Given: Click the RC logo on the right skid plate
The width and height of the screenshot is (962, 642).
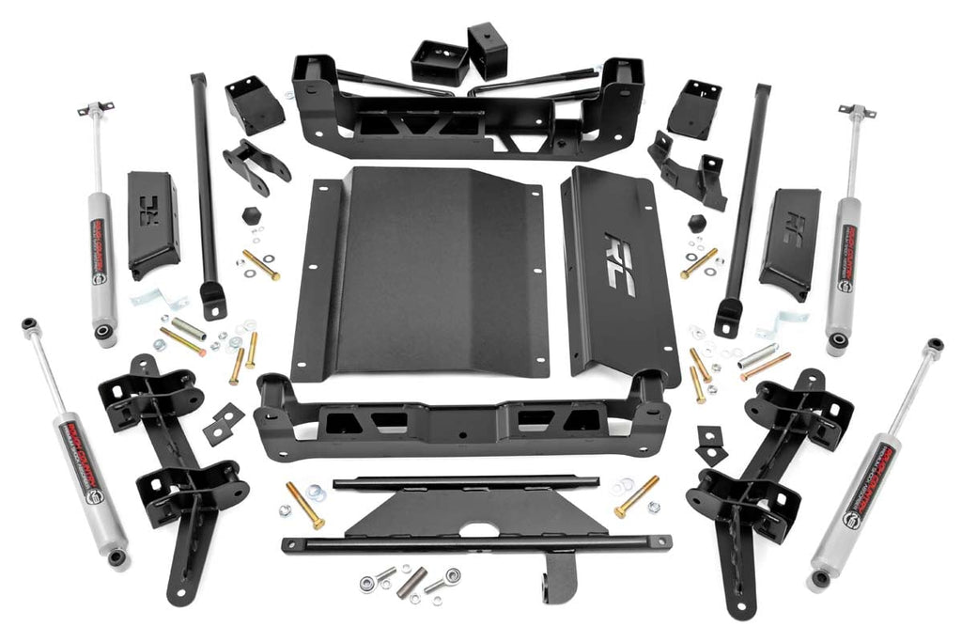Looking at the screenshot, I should pyautogui.click(x=620, y=264).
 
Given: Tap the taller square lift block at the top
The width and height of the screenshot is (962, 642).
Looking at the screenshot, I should pyautogui.click(x=488, y=51).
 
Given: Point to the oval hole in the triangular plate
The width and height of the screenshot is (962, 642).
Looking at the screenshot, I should pyautogui.click(x=479, y=528).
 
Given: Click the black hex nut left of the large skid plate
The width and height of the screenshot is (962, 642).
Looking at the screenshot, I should pyautogui.click(x=251, y=215).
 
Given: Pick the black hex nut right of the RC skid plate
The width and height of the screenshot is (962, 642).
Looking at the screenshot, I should pyautogui.click(x=696, y=224).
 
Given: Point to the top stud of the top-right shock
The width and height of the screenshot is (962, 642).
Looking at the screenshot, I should pyautogui.click(x=856, y=112).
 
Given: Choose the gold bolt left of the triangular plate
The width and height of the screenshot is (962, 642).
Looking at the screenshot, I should pyautogui.click(x=304, y=505).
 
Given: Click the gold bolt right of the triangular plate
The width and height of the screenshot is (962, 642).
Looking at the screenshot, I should pyautogui.click(x=637, y=495).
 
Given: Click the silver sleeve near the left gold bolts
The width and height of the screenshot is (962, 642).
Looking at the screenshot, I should pyautogui.click(x=187, y=329).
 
